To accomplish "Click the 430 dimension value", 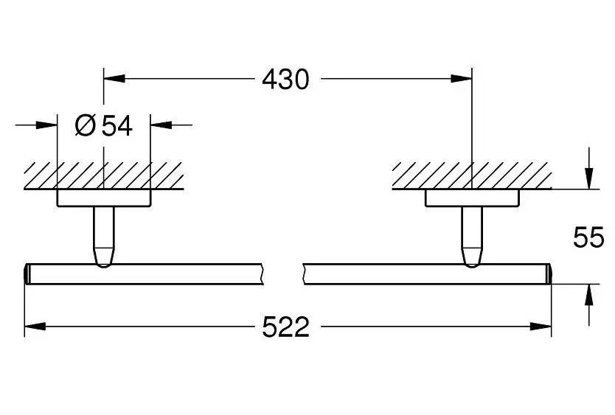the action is (285, 79).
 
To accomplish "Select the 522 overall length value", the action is (285, 327).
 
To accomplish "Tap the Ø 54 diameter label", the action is (103, 125).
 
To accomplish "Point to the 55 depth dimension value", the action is (588, 237).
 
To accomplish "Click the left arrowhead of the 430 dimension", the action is (114, 78).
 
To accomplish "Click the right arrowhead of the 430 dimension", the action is (462, 78).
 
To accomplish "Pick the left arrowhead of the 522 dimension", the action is (35, 326).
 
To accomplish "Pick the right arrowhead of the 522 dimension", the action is (541, 326).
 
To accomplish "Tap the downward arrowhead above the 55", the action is (588, 178).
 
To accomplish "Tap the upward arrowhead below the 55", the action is (588, 294).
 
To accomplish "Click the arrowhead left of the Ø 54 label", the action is (46, 125).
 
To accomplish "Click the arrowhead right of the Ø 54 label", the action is (161, 125).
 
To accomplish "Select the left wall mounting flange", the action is (104, 198).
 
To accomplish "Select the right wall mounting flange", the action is (472, 198).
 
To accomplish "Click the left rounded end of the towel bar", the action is (27, 273).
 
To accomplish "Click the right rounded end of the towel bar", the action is (549, 273).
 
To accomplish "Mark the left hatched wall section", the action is (104, 175).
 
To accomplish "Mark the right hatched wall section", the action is (472, 175).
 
